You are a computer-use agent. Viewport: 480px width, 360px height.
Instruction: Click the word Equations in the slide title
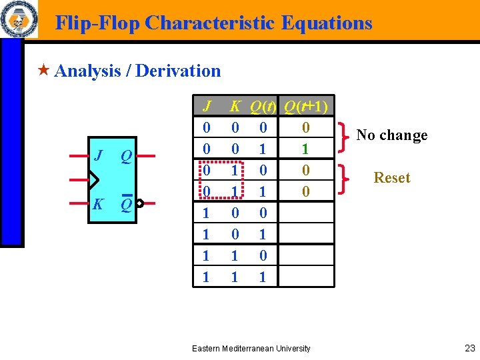[x=327, y=23]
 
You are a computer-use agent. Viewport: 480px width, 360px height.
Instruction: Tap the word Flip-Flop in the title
[x=97, y=23]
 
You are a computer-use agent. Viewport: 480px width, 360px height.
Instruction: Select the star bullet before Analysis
[x=44, y=71]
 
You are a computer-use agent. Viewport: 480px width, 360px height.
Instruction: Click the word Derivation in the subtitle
[x=178, y=71]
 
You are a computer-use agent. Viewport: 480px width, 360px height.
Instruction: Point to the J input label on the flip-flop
[x=99, y=156]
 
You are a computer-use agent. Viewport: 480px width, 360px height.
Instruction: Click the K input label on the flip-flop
[x=98, y=204]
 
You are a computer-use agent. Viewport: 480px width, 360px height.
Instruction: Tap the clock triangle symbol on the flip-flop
[x=93, y=180]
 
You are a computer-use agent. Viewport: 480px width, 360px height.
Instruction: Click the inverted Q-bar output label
[x=125, y=203]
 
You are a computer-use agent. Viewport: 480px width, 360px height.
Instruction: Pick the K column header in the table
[x=235, y=107]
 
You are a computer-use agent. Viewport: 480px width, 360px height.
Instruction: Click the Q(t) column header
[x=263, y=107]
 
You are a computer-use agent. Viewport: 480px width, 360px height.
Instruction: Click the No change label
[x=391, y=135]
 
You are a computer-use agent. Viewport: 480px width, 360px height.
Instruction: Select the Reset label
[x=392, y=178]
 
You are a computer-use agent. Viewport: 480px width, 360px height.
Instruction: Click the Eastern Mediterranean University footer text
[x=251, y=348]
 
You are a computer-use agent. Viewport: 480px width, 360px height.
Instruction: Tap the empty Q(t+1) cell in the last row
[x=305, y=277]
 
